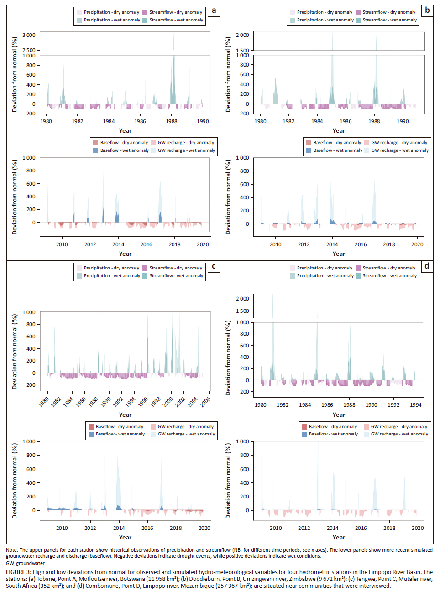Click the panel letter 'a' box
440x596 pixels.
click(214, 10)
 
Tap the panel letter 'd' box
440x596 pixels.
click(427, 266)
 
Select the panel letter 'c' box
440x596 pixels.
click(214, 266)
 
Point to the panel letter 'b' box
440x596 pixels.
click(427, 10)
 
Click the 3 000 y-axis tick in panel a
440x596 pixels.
click(29, 35)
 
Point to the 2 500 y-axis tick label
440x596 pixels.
click(29, 50)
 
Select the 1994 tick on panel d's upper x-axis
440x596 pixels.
click(415, 405)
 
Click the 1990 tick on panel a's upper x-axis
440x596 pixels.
click(203, 121)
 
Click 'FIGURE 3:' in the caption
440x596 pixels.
click(18, 572)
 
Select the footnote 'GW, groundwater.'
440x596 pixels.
click(26, 563)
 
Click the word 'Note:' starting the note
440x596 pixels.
click(12, 550)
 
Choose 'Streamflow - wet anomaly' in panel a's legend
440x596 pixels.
click(176, 20)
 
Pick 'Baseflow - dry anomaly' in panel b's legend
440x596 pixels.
click(337, 143)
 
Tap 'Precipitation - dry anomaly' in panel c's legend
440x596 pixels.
click(111, 268)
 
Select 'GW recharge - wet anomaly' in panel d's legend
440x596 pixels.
click(399, 434)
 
